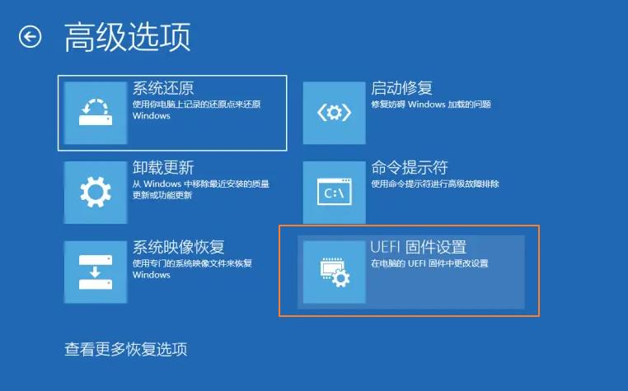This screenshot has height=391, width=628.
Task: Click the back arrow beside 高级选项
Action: click(x=30, y=37)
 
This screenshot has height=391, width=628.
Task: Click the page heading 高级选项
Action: click(x=127, y=37)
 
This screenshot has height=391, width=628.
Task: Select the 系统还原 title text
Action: click(x=163, y=88)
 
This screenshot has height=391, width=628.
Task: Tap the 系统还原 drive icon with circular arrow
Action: click(x=95, y=113)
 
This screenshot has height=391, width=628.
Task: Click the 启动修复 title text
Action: click(x=401, y=88)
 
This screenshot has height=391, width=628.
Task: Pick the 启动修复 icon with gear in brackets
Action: click(x=334, y=113)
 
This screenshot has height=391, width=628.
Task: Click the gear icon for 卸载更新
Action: click(x=95, y=192)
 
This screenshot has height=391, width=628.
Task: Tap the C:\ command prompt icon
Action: click(x=334, y=192)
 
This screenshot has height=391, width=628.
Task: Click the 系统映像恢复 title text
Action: click(x=179, y=247)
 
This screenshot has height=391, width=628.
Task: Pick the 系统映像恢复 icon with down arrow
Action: click(x=95, y=272)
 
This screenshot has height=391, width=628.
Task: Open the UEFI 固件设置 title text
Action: click(x=419, y=247)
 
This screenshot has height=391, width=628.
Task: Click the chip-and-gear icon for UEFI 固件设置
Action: click(x=334, y=272)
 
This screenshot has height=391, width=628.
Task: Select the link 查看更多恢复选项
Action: click(x=126, y=349)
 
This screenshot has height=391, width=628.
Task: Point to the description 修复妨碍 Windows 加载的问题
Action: click(x=431, y=105)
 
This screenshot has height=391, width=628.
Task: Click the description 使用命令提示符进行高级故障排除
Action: click(x=434, y=184)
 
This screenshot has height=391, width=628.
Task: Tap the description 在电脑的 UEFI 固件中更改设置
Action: click(x=429, y=263)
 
